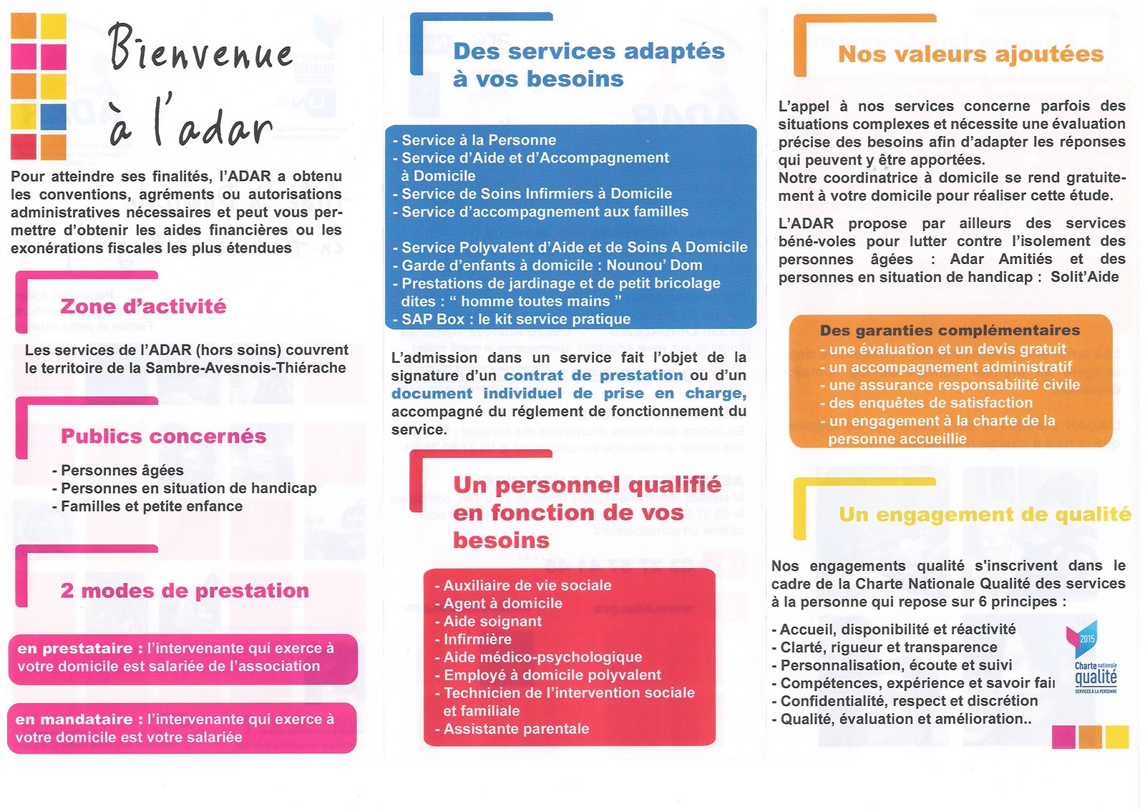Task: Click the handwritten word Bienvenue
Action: click(200, 48)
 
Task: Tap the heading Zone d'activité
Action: click(143, 307)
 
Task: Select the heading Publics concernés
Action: click(163, 436)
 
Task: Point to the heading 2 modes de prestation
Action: click(185, 591)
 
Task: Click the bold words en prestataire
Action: click(75, 649)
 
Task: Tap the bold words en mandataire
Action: click(74, 720)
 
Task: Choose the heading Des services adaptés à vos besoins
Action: click(588, 64)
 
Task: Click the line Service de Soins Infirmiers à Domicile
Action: click(536, 194)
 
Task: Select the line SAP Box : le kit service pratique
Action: click(515, 320)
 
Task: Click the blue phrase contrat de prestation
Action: click(593, 376)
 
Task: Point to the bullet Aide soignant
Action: click(492, 622)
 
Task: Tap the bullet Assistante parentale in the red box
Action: click(516, 729)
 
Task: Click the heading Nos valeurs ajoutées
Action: click(970, 54)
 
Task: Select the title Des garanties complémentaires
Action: click(950, 330)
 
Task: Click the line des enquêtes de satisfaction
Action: click(930, 403)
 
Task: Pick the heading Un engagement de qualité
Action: click(985, 515)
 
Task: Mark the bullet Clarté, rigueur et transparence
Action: click(888, 647)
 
